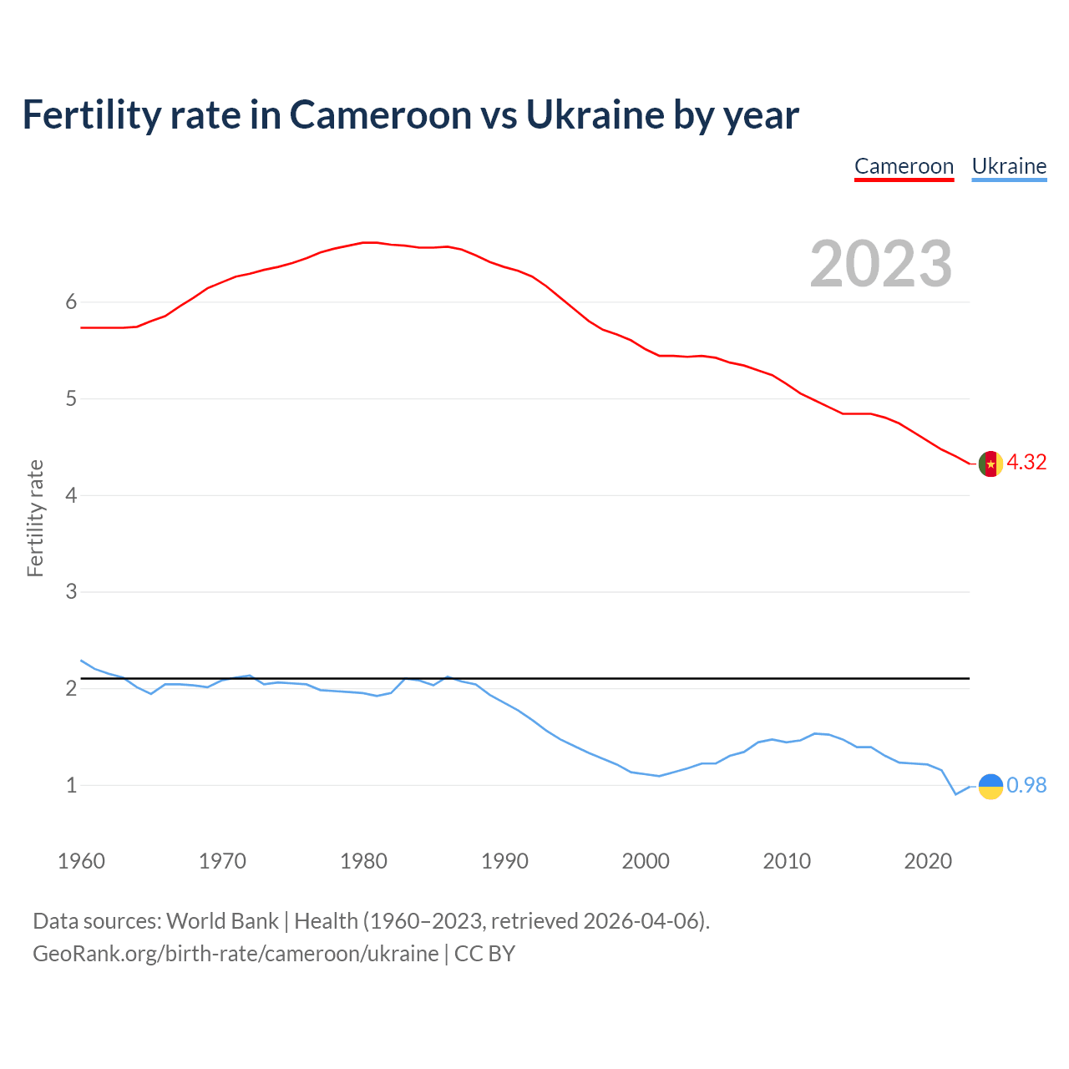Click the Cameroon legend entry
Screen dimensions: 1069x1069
(x=904, y=166)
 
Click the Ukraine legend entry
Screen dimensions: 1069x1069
(x=1009, y=166)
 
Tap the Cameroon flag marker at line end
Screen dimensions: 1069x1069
(x=990, y=463)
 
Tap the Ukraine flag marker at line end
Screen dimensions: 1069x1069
(x=990, y=786)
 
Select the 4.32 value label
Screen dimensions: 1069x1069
(x=1026, y=463)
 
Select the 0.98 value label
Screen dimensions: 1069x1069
(x=1026, y=786)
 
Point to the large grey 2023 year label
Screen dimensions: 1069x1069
(x=881, y=264)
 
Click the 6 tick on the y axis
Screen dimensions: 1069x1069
(x=71, y=302)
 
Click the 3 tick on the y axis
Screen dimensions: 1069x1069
(x=71, y=592)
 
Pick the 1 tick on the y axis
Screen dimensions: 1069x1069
(x=71, y=786)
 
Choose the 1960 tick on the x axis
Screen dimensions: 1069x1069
(x=81, y=861)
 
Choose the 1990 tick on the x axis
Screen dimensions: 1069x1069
(x=504, y=861)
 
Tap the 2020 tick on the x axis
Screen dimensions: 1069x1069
(x=928, y=861)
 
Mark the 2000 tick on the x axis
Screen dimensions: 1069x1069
(x=646, y=861)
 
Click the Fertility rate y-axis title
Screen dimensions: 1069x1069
(x=35, y=518)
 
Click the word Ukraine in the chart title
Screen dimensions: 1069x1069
(x=594, y=115)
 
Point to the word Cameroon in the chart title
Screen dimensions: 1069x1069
(x=380, y=115)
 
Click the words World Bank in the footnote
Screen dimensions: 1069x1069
(x=222, y=921)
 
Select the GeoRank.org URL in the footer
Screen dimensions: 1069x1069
(x=236, y=954)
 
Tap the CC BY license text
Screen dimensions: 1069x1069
(x=484, y=954)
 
